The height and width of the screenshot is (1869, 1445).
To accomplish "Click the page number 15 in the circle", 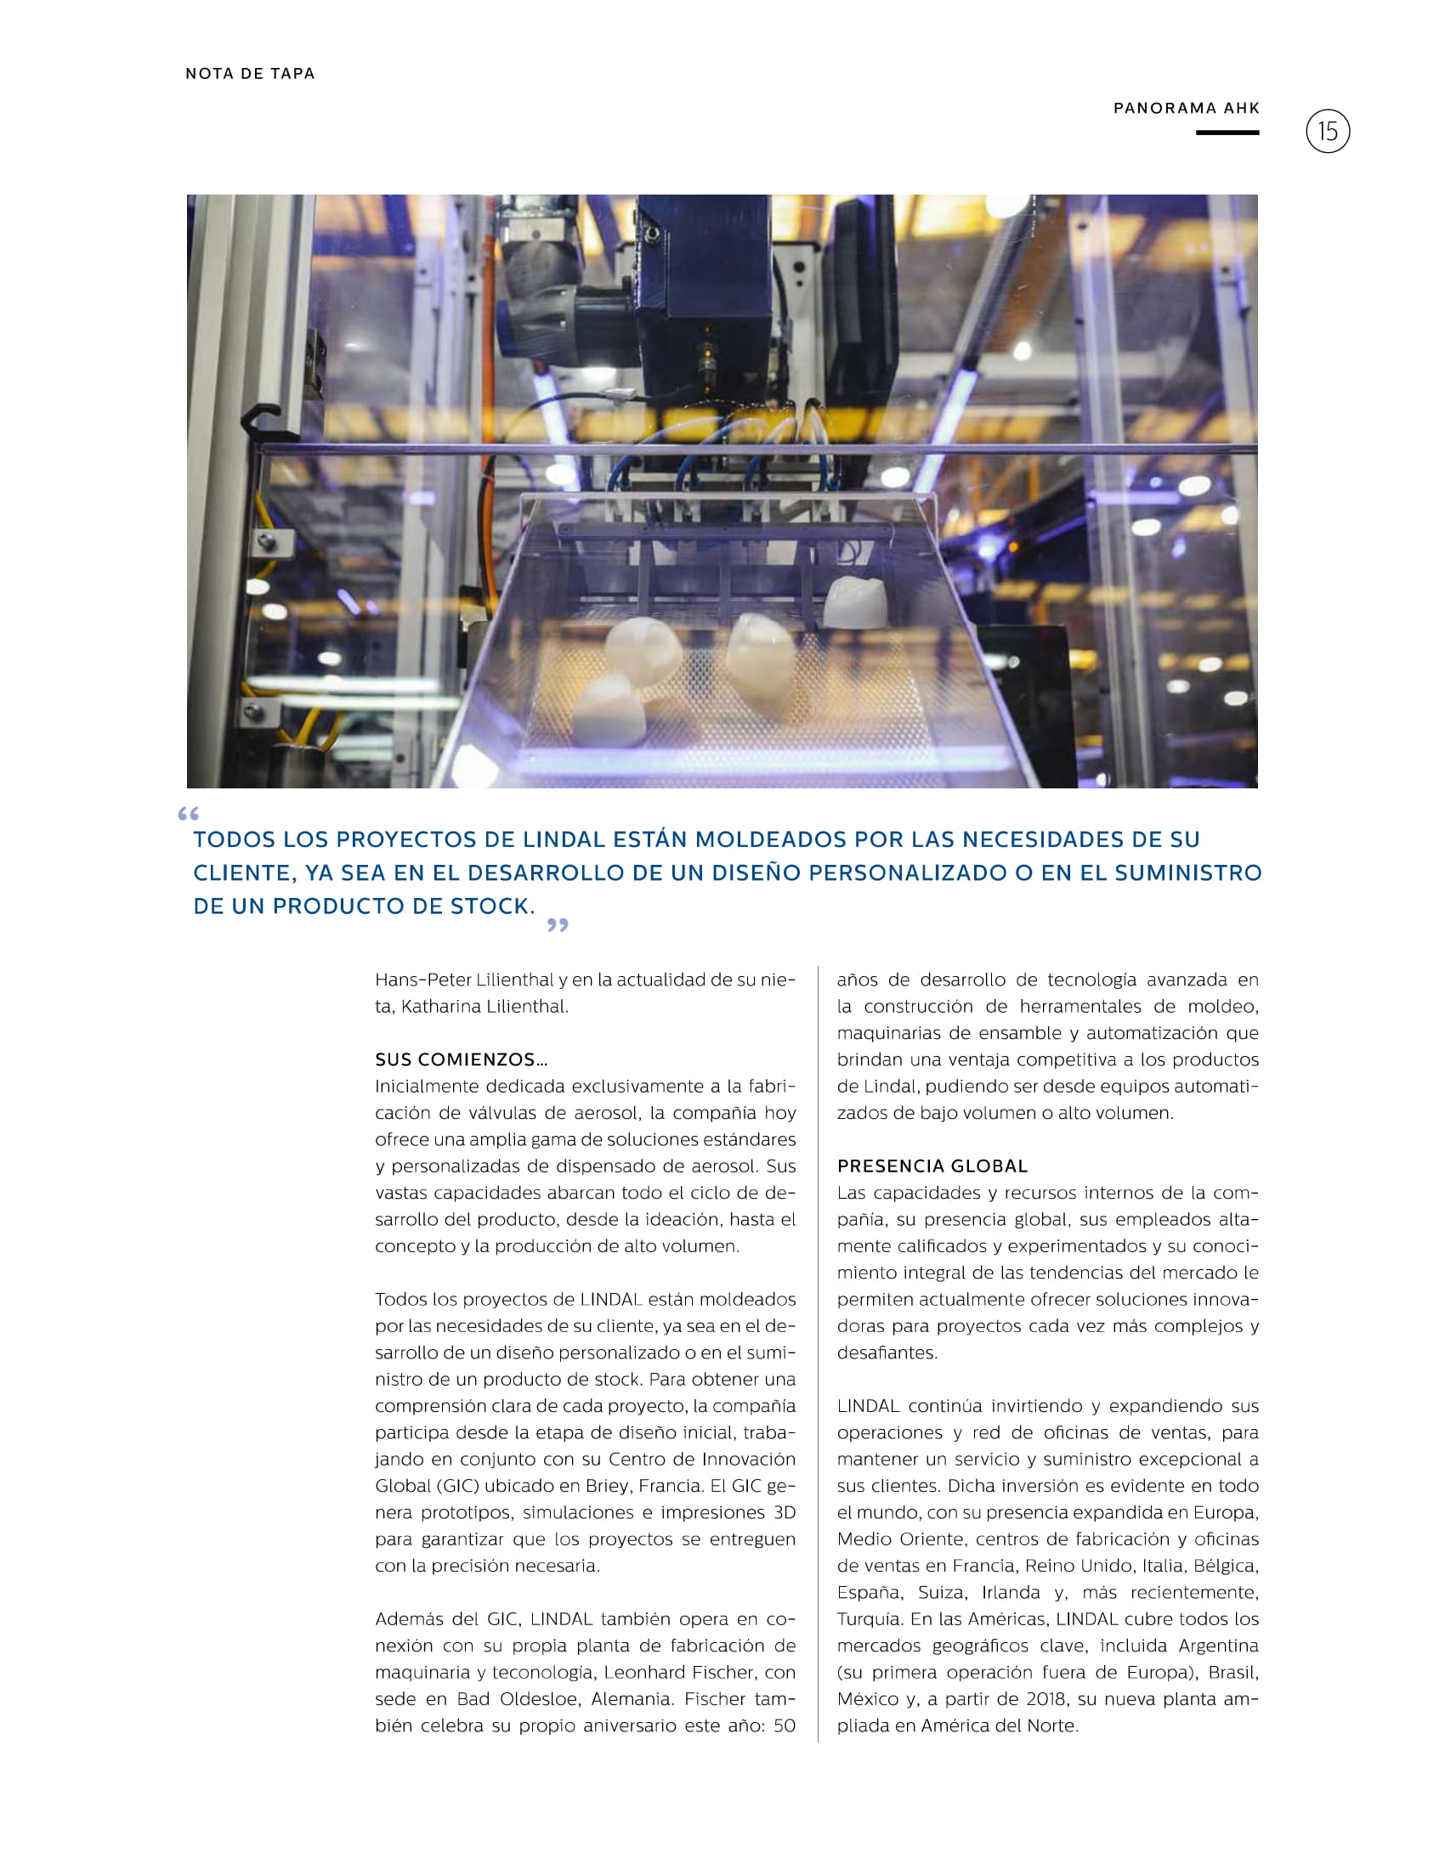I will [1327, 132].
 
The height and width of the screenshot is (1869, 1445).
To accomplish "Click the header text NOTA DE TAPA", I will [250, 74].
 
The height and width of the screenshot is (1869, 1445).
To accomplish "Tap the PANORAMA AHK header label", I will [1186, 108].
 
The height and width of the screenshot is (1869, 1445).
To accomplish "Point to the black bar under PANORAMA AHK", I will [1227, 133].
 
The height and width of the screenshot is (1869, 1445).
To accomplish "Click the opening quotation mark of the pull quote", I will [189, 814].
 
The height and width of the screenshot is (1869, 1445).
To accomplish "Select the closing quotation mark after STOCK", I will [558, 925].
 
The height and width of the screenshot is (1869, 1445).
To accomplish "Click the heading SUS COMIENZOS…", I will [461, 1059].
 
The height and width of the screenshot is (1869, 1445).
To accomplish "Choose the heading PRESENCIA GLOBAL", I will [932, 1166].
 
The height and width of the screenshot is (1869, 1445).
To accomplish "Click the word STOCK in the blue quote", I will [490, 906].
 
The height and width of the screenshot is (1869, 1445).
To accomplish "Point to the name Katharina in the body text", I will [440, 1007].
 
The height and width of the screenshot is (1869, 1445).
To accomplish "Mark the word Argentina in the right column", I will [1217, 1646].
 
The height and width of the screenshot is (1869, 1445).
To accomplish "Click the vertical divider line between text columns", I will [818, 1352].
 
